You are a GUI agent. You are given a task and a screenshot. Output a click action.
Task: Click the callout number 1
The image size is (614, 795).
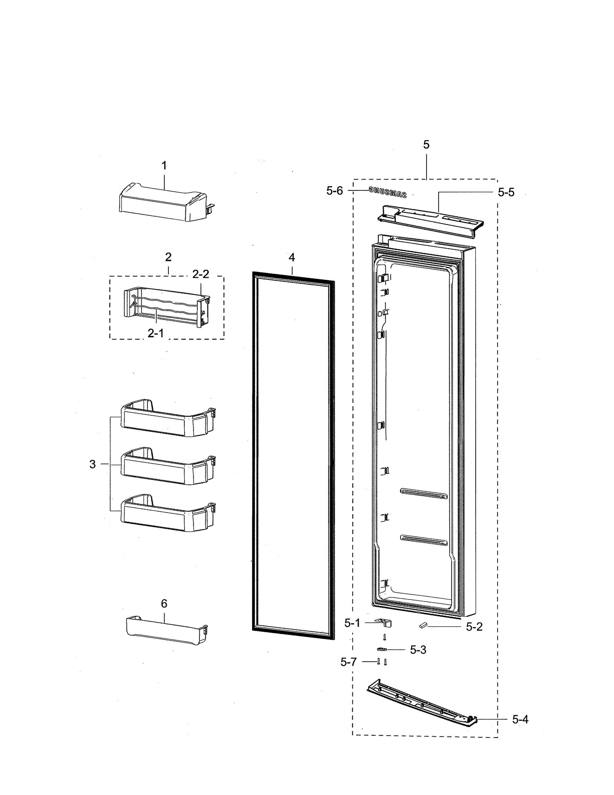coord(164,166)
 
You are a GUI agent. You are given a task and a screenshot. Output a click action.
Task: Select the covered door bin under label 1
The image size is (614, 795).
coord(164,202)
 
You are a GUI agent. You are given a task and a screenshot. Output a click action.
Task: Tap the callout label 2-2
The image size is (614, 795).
coord(201,274)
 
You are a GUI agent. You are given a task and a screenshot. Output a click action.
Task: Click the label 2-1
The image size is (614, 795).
coord(155,333)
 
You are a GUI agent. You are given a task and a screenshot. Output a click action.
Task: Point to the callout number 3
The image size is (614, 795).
coord(93,464)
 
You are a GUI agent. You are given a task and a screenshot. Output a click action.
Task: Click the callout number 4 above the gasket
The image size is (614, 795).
coord(292,257)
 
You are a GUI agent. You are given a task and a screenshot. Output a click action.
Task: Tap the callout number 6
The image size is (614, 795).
coord(164,604)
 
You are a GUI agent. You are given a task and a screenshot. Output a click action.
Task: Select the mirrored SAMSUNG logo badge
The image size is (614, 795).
coord(387,192)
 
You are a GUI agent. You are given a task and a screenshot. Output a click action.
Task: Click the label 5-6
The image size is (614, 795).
coord(334,190)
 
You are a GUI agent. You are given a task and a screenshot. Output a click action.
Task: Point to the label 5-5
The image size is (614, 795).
coord(506,192)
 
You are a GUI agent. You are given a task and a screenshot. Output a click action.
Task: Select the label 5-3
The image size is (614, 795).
coord(418,650)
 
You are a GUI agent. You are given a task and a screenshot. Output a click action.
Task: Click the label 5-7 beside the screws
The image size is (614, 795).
coord(349,662)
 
